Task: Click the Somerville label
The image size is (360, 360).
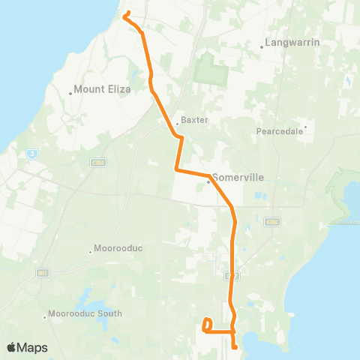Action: [235, 178]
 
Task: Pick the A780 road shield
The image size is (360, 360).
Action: [271, 221]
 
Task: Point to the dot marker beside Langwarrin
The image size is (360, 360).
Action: [262, 46]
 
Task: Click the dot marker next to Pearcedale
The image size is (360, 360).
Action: [305, 126]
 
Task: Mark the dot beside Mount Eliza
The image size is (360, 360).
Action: [70, 93]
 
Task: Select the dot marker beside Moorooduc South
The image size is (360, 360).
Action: [46, 317]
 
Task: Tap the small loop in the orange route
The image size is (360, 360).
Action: [206, 324]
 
